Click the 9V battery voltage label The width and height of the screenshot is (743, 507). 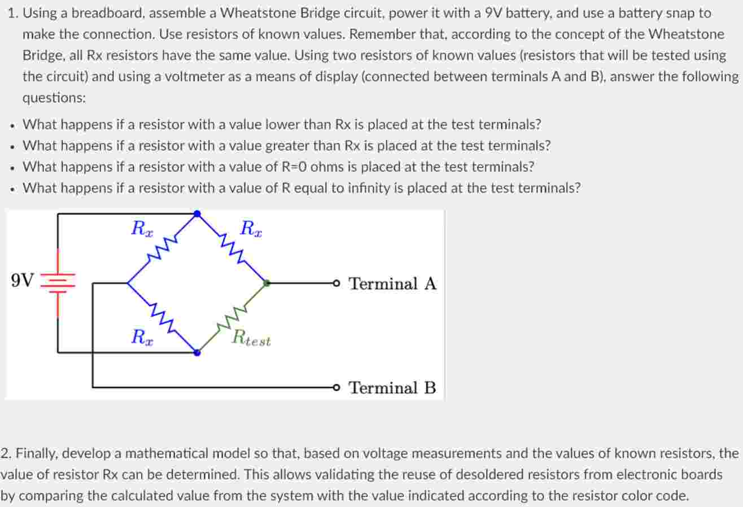[22, 280]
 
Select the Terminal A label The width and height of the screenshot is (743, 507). [392, 283]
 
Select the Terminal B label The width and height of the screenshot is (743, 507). [392, 388]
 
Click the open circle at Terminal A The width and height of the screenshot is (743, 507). [337, 283]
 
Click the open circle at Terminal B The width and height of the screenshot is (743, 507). [337, 387]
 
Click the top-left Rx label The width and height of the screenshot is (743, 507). [141, 229]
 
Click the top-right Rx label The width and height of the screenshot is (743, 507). [251, 229]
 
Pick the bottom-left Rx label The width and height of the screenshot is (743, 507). [141, 338]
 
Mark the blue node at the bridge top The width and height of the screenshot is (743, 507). [197, 214]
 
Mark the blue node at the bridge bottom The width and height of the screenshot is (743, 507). [197, 353]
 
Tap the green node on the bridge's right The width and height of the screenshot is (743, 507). [267, 283]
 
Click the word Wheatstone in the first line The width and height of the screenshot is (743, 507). [257, 13]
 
